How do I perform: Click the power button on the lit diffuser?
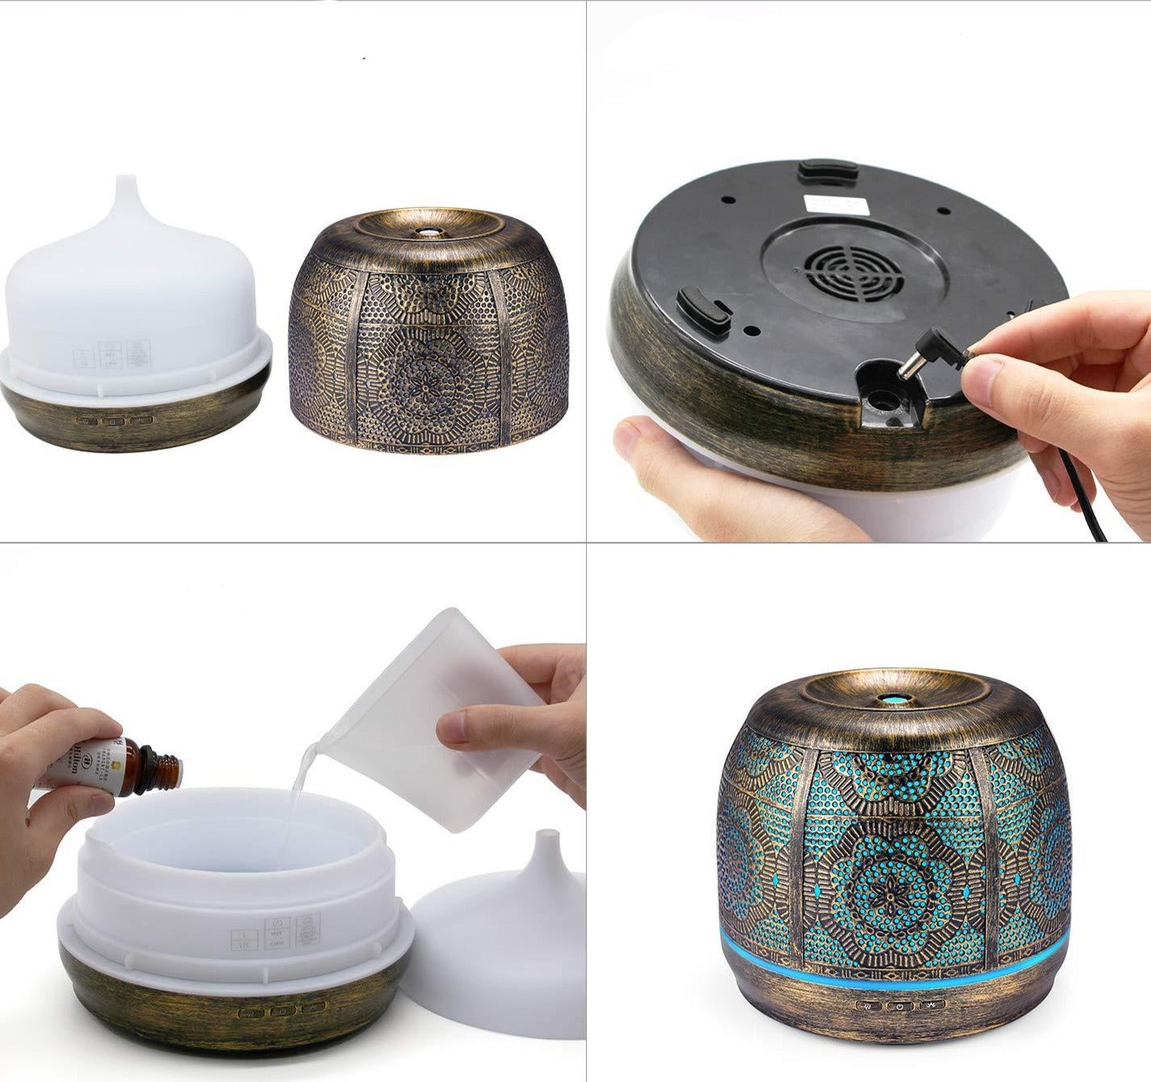tap(899, 1007)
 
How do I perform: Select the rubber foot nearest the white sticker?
tap(827, 171)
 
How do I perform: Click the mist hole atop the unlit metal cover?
tap(425, 230)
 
